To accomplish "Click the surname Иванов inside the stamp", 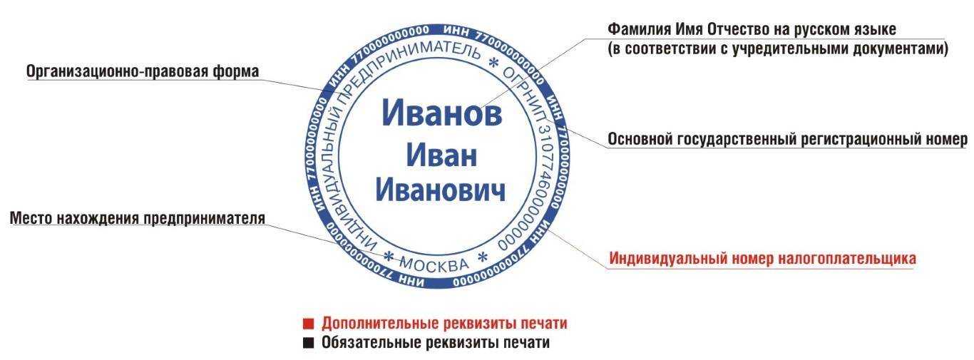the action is (x=442, y=113).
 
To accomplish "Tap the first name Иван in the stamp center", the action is (x=441, y=155).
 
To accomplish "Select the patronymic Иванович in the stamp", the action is (x=441, y=191).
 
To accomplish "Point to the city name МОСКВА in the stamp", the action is (x=434, y=264).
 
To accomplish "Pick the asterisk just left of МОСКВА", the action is (x=389, y=256).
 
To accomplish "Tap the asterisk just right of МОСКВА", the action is (x=483, y=257).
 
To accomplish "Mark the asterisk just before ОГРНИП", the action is (x=493, y=63).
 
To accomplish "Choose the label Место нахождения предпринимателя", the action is (x=138, y=218).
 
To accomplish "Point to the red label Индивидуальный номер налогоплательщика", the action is (x=762, y=258).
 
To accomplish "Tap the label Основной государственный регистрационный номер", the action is (x=787, y=139).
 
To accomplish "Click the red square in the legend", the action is (x=308, y=324).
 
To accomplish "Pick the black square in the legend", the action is (x=308, y=343).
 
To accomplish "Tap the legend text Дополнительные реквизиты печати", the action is (x=444, y=324).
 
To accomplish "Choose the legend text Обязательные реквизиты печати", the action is (x=436, y=343).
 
